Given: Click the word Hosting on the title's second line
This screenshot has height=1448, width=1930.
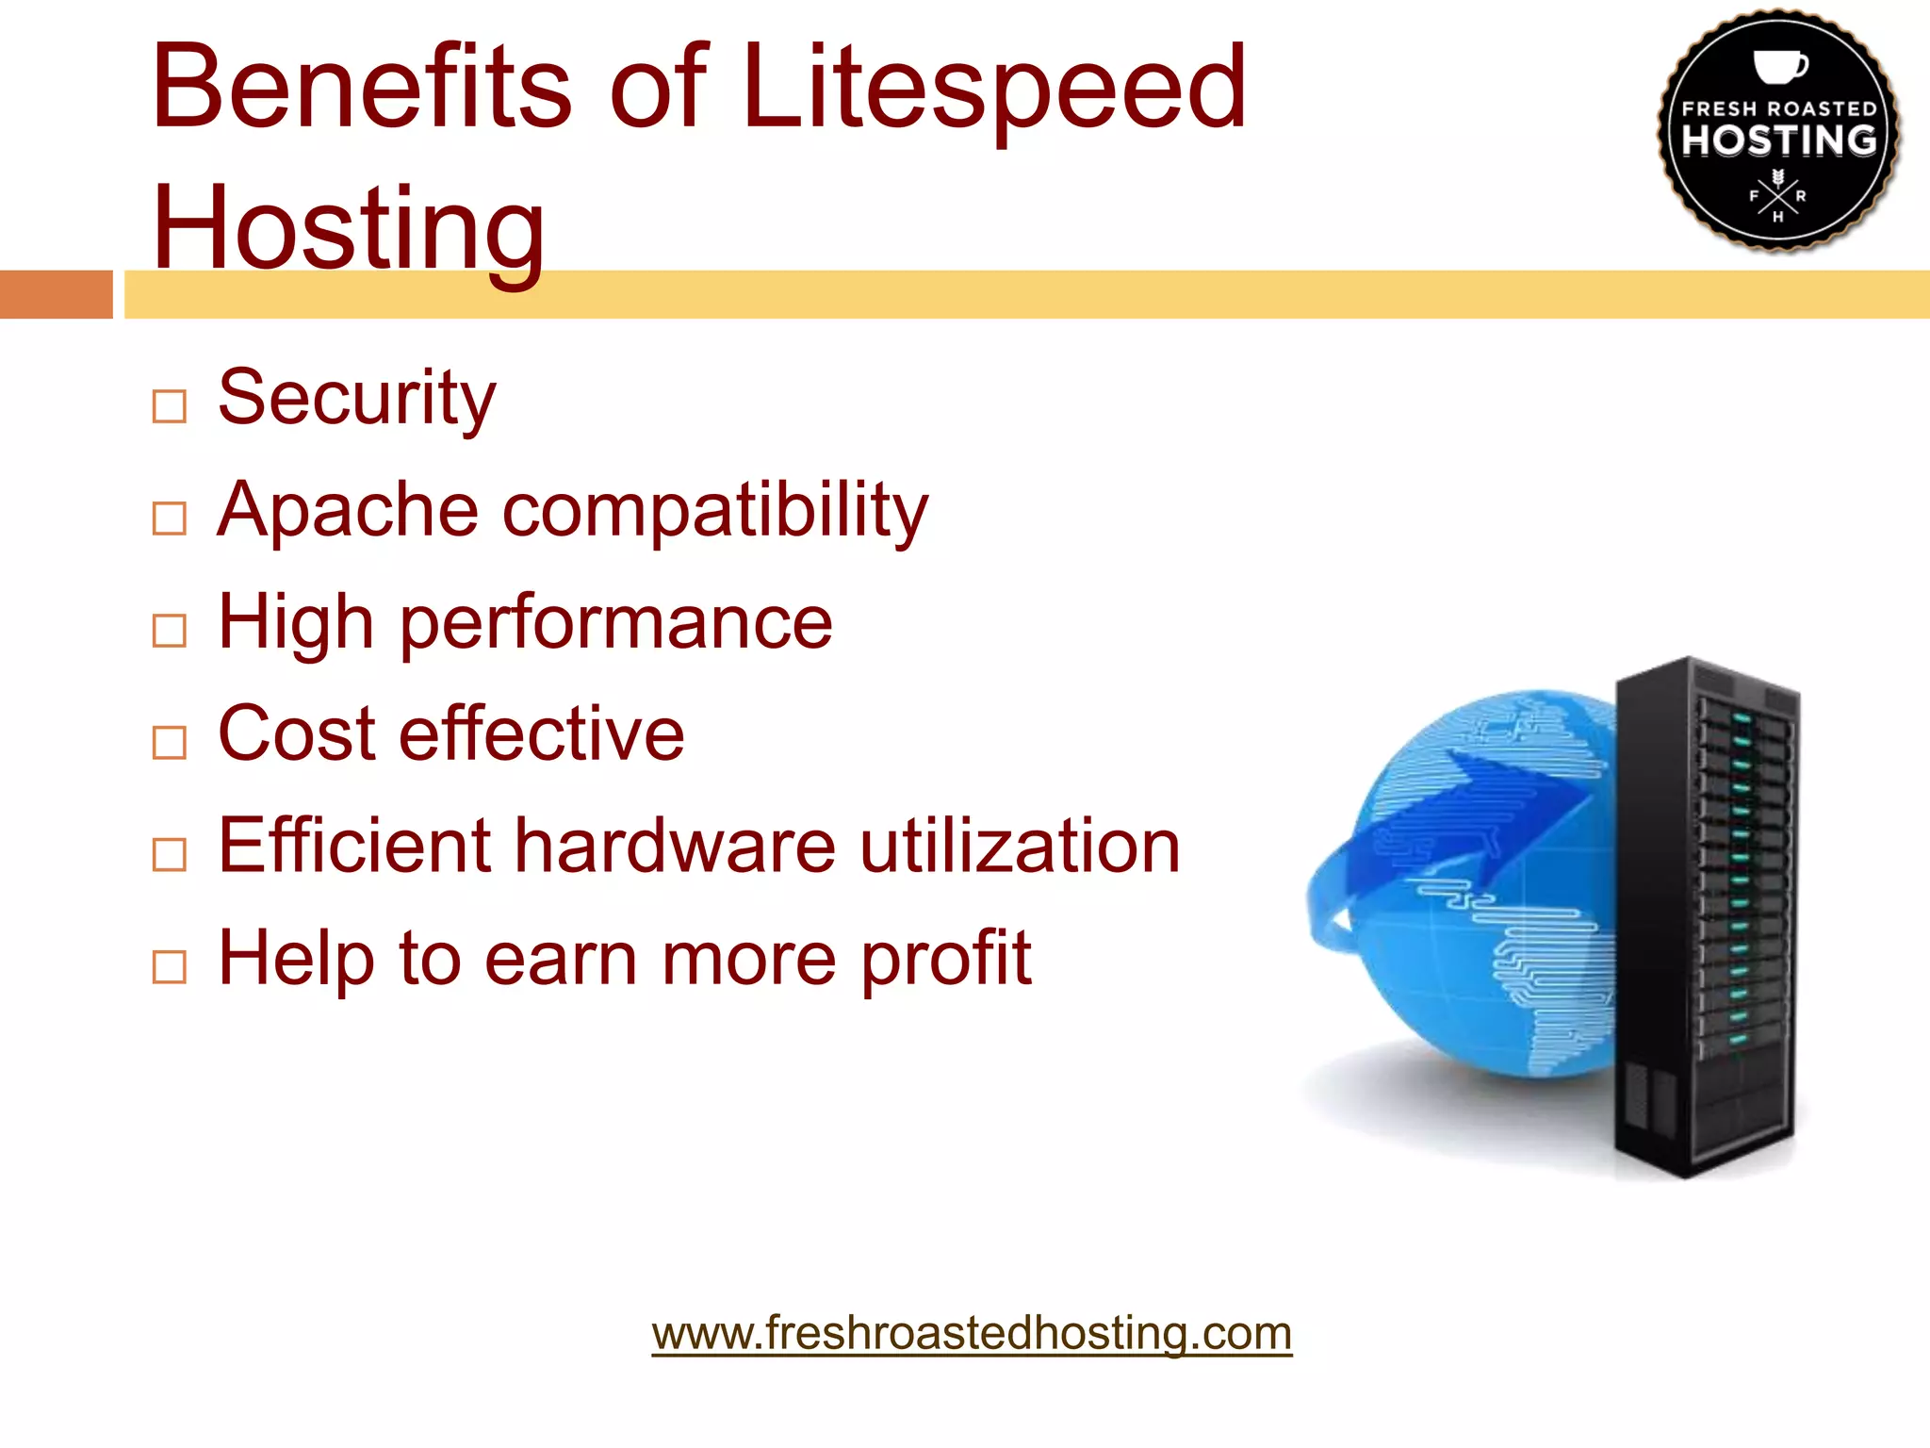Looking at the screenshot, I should (x=348, y=227).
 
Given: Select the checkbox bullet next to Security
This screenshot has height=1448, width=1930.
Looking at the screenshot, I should (x=170, y=406).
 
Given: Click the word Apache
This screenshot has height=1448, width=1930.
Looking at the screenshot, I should (x=348, y=510).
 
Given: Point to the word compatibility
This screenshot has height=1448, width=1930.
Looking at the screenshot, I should (x=715, y=510).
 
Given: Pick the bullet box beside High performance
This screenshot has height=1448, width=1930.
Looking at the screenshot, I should (x=170, y=631).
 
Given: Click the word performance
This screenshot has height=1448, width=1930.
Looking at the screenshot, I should (x=616, y=623).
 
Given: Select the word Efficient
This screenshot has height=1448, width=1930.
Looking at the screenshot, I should (x=354, y=846).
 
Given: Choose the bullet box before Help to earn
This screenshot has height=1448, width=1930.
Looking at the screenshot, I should (x=170, y=966).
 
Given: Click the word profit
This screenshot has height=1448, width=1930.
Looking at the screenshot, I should (x=946, y=959).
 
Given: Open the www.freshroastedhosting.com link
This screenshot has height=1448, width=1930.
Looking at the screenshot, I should (x=972, y=1333).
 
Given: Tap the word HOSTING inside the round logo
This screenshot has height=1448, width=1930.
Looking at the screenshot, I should (x=1779, y=140).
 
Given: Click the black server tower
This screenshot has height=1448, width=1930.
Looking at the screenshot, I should (x=1706, y=914).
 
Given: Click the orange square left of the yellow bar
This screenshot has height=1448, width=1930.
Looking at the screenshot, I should (x=56, y=294).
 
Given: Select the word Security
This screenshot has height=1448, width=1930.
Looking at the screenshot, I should (x=356, y=398).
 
